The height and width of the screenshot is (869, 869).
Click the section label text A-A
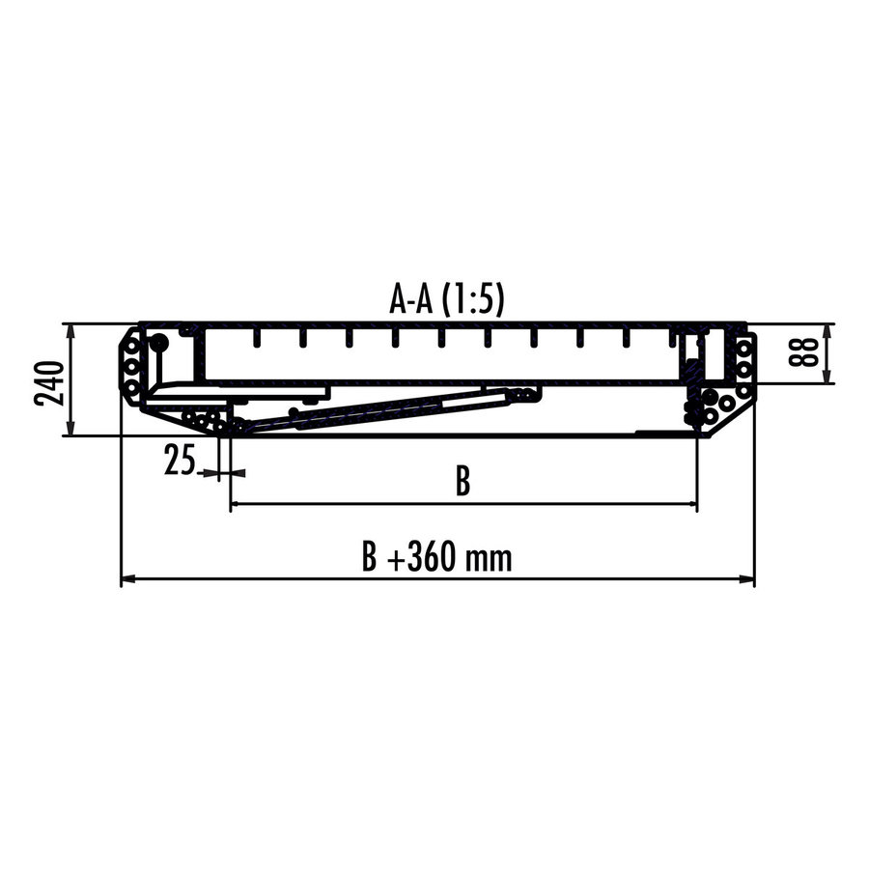[411, 300]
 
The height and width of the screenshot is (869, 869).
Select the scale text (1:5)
[473, 300]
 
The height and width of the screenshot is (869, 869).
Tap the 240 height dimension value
[51, 381]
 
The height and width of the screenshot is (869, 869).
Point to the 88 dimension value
[802, 353]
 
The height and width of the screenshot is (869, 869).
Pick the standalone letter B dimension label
[463, 481]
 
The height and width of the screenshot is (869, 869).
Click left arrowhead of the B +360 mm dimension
[126, 579]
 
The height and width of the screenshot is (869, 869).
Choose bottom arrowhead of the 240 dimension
[70, 430]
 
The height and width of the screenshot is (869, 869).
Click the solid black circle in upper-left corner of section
[158, 342]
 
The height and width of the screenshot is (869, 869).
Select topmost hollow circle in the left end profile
[130, 345]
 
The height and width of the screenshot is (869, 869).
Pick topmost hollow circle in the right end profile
[743, 345]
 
